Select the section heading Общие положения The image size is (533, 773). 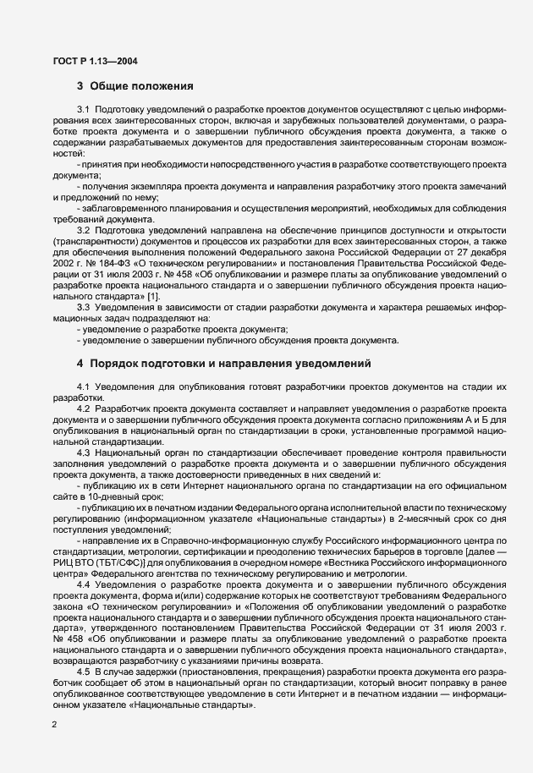142,86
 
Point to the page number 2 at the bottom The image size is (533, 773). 54,725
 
